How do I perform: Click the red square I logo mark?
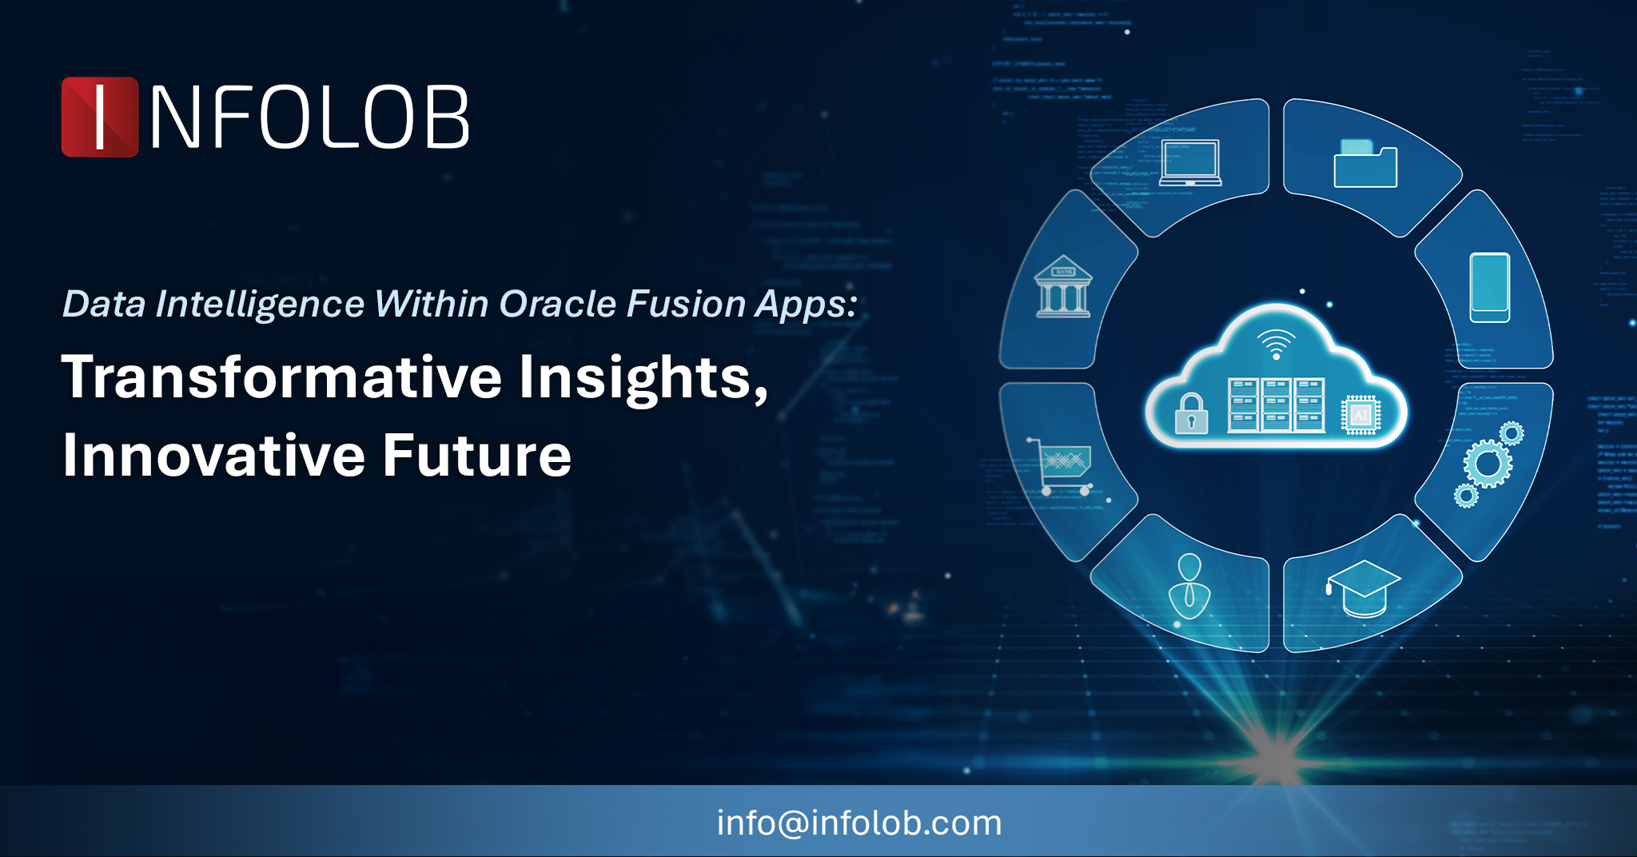pyautogui.click(x=100, y=117)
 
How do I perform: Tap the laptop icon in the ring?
pyautogui.click(x=1190, y=163)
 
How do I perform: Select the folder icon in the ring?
pyautogui.click(x=1365, y=164)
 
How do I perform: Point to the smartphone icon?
pyautogui.click(x=1490, y=288)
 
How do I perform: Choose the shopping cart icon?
pyautogui.click(x=1060, y=466)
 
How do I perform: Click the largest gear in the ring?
pyautogui.click(x=1488, y=463)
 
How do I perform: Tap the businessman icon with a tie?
pyautogui.click(x=1189, y=586)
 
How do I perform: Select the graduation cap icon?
pyautogui.click(x=1364, y=588)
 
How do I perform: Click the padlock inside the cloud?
pyautogui.click(x=1191, y=413)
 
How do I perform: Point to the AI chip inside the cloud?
pyautogui.click(x=1360, y=415)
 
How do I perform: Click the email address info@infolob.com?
pyautogui.click(x=859, y=823)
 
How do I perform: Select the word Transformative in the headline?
pyautogui.click(x=282, y=377)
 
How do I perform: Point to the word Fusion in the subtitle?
pyautogui.click(x=686, y=304)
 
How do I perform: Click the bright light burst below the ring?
pyautogui.click(x=1277, y=755)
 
